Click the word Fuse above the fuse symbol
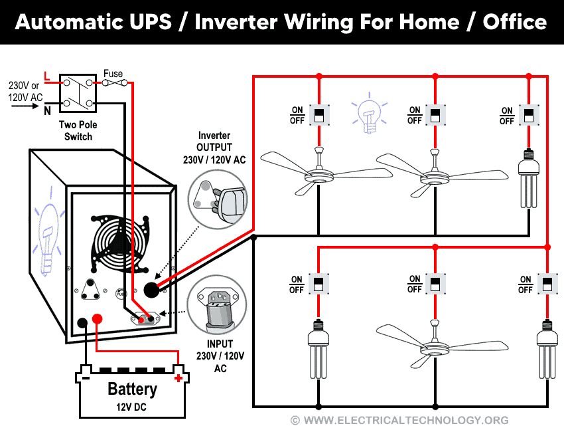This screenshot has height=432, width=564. pyautogui.click(x=113, y=73)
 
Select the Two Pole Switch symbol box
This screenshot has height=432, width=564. pyautogui.click(x=78, y=93)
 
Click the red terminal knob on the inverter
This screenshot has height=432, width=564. pyautogui.click(x=97, y=320)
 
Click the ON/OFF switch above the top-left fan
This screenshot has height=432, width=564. pyautogui.click(x=319, y=115)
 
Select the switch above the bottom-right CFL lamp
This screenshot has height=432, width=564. pyautogui.click(x=547, y=284)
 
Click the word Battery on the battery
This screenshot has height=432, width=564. pyautogui.click(x=132, y=389)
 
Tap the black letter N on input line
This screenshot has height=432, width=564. pyautogui.click(x=47, y=111)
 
